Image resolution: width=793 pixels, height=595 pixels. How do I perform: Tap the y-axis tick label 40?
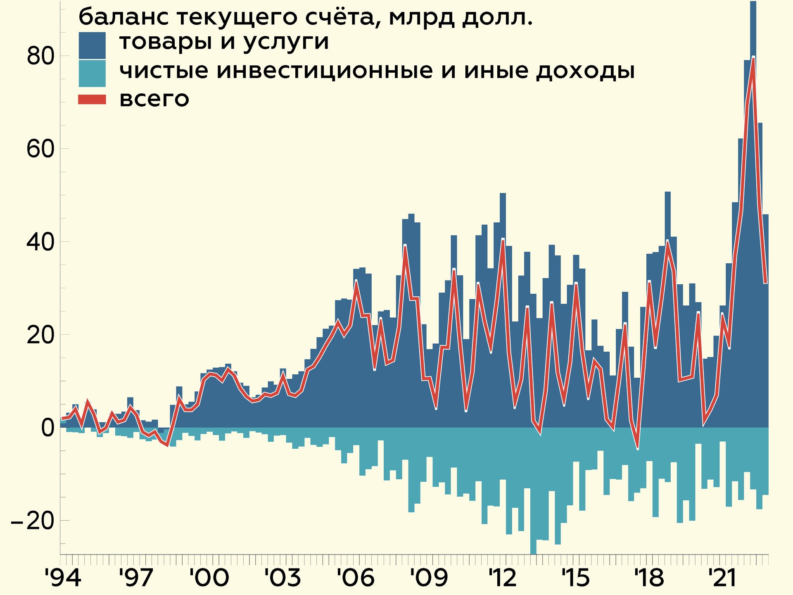(x=40, y=242)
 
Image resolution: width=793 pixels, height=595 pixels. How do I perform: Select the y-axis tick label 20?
(x=40, y=335)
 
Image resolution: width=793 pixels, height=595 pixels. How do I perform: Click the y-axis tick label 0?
(x=48, y=428)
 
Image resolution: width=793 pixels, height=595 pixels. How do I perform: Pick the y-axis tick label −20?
(x=33, y=521)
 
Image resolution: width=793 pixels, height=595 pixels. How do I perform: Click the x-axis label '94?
(x=63, y=577)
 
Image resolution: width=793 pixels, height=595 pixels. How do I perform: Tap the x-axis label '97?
(x=136, y=577)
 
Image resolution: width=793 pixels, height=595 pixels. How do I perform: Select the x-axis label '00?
(x=209, y=577)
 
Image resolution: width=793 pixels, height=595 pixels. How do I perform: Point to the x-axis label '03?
(x=283, y=577)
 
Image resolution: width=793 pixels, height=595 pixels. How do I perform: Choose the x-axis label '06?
(x=356, y=577)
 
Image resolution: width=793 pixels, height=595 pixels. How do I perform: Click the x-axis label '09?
(x=429, y=577)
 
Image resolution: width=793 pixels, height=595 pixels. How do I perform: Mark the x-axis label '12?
(x=502, y=577)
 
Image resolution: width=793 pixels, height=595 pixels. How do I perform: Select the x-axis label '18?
(x=649, y=577)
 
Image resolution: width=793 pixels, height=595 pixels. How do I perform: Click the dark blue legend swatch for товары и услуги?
(x=92, y=45)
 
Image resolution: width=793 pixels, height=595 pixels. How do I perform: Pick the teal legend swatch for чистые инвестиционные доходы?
(x=92, y=74)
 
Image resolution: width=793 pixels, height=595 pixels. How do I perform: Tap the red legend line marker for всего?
(x=92, y=100)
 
